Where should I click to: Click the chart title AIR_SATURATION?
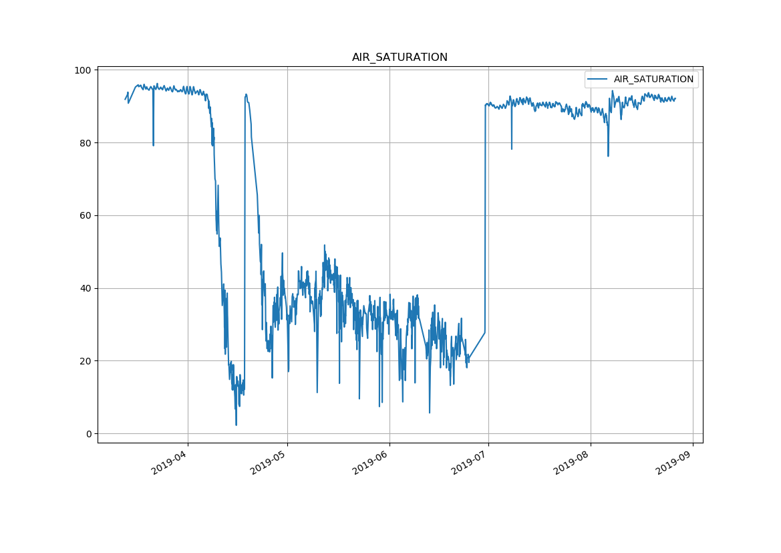[x=400, y=58]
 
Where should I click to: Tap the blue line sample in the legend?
[x=598, y=80]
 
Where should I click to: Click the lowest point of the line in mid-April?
[x=236, y=425]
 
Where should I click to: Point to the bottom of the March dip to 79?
[x=153, y=145]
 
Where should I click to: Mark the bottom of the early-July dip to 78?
[x=512, y=149]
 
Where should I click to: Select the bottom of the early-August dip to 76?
[x=608, y=156]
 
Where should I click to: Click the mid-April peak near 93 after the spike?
[x=246, y=94]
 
